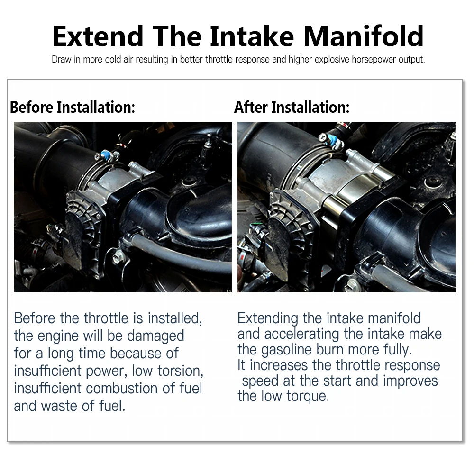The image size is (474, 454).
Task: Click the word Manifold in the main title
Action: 363,36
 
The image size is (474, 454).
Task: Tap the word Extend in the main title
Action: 98,36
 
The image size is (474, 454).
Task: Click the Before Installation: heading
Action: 73,107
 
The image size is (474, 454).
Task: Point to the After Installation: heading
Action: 292,107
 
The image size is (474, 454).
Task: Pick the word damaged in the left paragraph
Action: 155,336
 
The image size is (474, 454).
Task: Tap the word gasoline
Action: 286,350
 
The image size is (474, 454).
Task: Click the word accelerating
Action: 301,334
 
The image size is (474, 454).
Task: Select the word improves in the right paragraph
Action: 410,381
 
